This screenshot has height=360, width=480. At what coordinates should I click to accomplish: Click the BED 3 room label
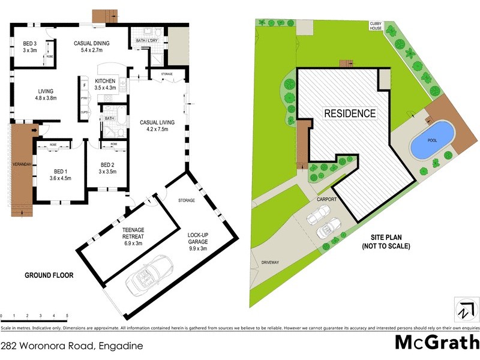pos(30,47)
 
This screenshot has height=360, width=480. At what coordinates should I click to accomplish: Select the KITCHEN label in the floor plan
pos(105,84)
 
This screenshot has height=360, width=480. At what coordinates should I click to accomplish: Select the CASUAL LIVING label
pos(157,126)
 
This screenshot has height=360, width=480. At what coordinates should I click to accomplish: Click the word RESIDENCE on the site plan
pos(350,113)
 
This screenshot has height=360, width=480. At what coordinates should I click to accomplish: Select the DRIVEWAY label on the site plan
pos(271,262)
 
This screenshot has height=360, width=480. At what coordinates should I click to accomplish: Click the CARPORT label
pos(326,199)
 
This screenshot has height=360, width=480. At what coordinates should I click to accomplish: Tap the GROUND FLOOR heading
pos(49,275)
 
